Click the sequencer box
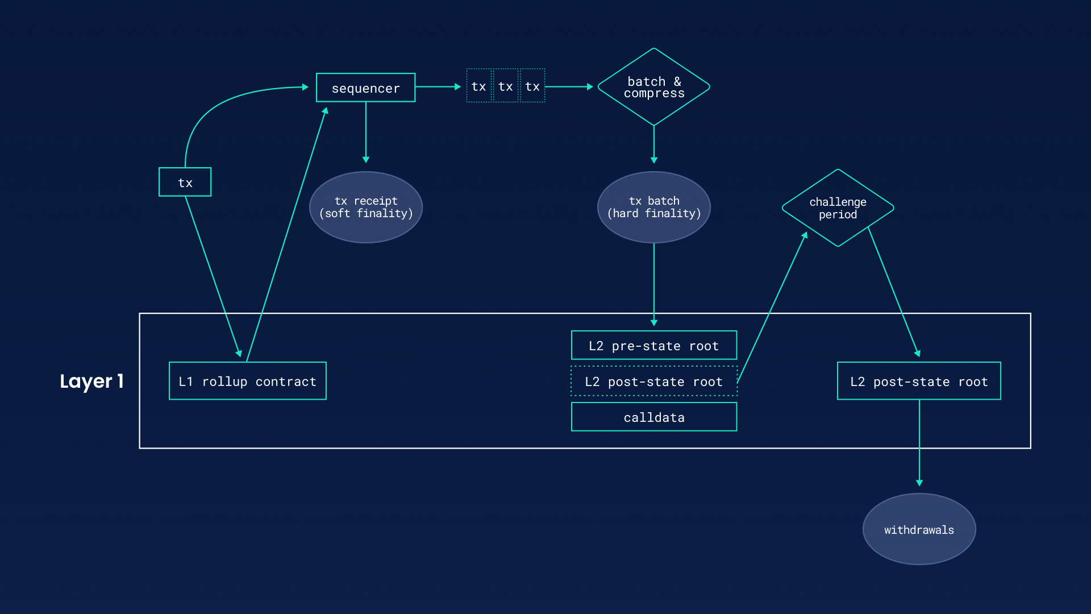(x=365, y=88)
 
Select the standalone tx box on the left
(x=185, y=182)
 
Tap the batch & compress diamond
(x=653, y=87)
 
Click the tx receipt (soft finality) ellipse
(x=365, y=207)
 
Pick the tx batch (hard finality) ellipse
(x=653, y=207)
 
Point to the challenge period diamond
(x=838, y=208)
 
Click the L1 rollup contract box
(x=247, y=381)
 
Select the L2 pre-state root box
(x=653, y=345)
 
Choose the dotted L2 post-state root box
(x=653, y=381)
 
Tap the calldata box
(x=653, y=417)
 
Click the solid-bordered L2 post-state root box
(x=919, y=381)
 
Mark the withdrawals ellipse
(x=919, y=529)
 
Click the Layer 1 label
(x=91, y=381)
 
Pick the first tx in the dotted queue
(x=478, y=86)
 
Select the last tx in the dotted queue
(x=532, y=86)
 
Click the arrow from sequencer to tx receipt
(x=366, y=134)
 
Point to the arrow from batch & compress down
(x=654, y=145)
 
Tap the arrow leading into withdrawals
(x=919, y=443)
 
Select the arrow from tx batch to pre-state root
(x=654, y=284)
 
